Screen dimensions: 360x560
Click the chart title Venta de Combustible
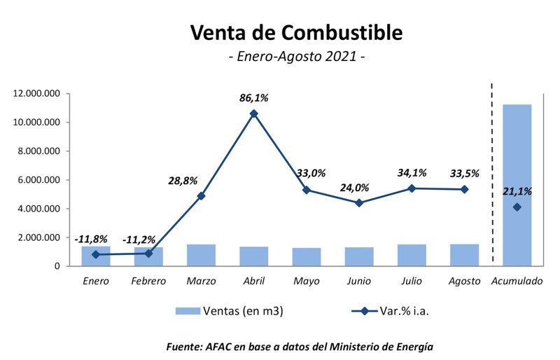tap(296, 32)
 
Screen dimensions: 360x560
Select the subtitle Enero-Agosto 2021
tap(296, 56)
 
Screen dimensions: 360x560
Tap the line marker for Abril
tap(253, 113)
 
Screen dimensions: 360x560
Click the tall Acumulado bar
tap(517, 154)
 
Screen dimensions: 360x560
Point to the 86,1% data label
tap(253, 98)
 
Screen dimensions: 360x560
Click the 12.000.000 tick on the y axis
tap(38, 94)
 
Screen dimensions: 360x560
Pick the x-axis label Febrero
tap(148, 281)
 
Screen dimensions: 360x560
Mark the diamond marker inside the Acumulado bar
tap(517, 207)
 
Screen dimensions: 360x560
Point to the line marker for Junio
tap(359, 203)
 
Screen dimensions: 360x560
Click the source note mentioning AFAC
tap(299, 346)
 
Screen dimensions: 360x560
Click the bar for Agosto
tap(464, 255)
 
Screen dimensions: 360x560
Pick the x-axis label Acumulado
tap(517, 281)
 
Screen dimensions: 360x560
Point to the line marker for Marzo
tap(201, 196)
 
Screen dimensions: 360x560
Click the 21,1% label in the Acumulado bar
tap(517, 191)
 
